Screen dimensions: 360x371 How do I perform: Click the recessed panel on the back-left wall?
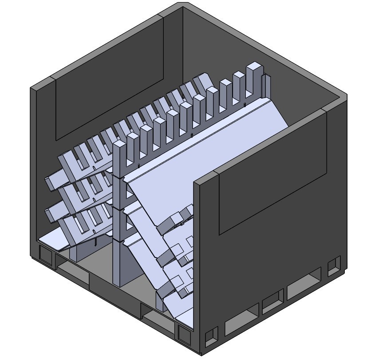(x=109, y=80)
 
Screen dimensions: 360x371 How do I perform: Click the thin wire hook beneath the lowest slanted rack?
(x=95, y=242)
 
